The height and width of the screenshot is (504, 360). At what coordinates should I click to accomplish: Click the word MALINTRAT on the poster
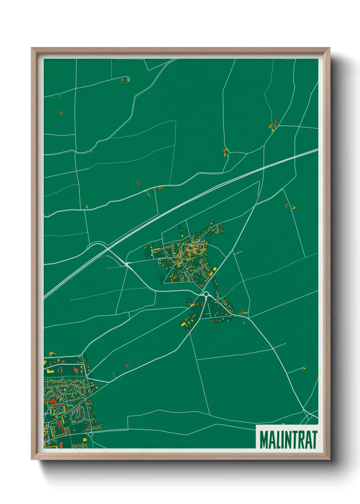288,440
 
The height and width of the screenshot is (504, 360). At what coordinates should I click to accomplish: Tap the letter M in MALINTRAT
263,440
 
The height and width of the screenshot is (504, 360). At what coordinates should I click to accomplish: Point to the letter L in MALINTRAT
278,440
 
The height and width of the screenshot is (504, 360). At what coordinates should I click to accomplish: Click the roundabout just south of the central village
206,294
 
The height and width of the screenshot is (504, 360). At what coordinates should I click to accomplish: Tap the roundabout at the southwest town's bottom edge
91,434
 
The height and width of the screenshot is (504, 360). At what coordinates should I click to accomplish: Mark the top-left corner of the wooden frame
32,48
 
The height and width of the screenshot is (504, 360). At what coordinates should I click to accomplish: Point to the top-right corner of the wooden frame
330,48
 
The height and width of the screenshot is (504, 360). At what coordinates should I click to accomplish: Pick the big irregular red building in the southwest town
53,401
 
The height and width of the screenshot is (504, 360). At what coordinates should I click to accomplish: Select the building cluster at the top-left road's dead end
126,80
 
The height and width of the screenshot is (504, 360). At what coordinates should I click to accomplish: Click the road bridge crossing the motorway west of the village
108,248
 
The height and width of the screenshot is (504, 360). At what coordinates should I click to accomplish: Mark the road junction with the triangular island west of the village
128,264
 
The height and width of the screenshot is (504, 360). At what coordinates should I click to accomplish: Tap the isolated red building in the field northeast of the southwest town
128,365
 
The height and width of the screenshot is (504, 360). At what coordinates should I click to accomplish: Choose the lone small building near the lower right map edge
305,367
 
